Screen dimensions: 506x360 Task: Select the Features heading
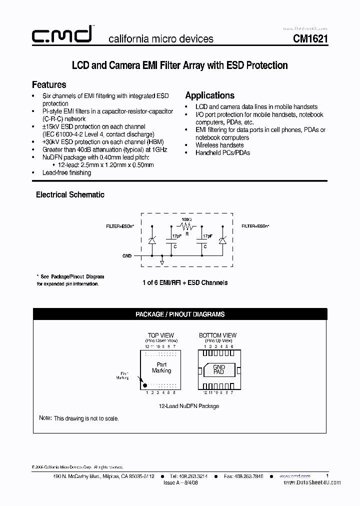(x=49, y=84)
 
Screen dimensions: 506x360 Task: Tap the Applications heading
(x=209, y=95)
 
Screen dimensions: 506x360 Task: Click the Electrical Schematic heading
(x=70, y=194)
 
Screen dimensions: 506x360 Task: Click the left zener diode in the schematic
(x=152, y=240)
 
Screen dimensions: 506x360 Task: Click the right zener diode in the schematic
(x=222, y=240)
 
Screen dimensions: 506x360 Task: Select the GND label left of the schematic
(x=127, y=256)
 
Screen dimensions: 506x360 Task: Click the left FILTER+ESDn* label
(x=119, y=226)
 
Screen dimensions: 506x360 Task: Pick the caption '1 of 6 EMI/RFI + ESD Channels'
(x=185, y=282)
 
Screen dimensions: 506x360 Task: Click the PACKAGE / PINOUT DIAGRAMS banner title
(x=180, y=314)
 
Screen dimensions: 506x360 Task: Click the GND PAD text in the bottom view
(x=219, y=370)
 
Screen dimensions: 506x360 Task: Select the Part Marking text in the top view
(x=161, y=367)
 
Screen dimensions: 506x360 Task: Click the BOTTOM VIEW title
(x=217, y=335)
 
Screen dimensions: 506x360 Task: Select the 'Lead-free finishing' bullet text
(x=67, y=172)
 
